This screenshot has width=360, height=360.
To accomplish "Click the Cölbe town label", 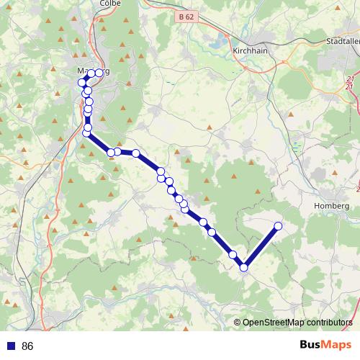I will [x=112, y=4].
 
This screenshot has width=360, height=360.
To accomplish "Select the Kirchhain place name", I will [x=251, y=51].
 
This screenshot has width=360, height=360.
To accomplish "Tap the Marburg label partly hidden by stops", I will [x=92, y=72].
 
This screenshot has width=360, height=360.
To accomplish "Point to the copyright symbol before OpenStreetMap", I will [x=238, y=323].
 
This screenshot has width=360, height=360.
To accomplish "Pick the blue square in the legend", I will [x=10, y=346].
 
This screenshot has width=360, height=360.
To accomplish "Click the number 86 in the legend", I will [x=28, y=346].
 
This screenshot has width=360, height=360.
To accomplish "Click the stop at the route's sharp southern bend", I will [x=244, y=268].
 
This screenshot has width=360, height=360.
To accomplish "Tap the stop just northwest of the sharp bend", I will [x=233, y=255].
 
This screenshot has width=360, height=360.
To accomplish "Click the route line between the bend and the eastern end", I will [x=261, y=247].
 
